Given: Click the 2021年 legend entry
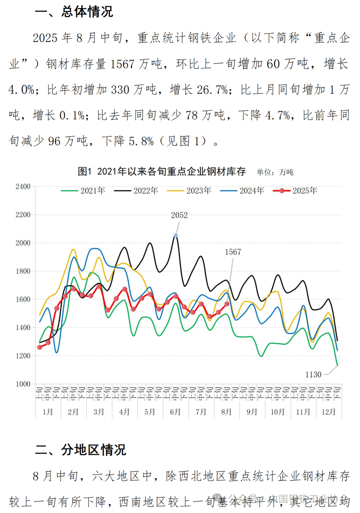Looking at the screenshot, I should tap(83, 191).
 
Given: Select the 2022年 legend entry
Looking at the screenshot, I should tap(136, 191).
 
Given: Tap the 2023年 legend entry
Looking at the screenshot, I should tap(189, 191).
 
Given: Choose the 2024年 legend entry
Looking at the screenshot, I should tap(242, 191).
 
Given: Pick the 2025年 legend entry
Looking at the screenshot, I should tap(295, 191).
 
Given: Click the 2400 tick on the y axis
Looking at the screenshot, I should tap(23, 186).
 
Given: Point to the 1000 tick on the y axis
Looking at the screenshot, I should tap(23, 384).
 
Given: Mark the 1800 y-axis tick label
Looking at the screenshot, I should tap(23, 271).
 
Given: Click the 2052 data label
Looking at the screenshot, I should tap(179, 215).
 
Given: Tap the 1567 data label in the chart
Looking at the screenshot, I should tap(233, 252).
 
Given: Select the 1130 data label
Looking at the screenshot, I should tap(313, 375).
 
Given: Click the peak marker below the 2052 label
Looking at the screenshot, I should tap(176, 235).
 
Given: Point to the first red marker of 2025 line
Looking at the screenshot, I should tap(40, 347).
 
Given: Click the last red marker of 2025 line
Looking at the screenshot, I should tap(227, 304).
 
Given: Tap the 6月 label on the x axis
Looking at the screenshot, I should tap(175, 412).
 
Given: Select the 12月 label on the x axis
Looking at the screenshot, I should tap(328, 412).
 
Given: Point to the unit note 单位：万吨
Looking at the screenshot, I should tap(275, 172).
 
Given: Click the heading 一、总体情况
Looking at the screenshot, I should tap(74, 12).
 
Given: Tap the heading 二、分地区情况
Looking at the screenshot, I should tap(81, 450).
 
